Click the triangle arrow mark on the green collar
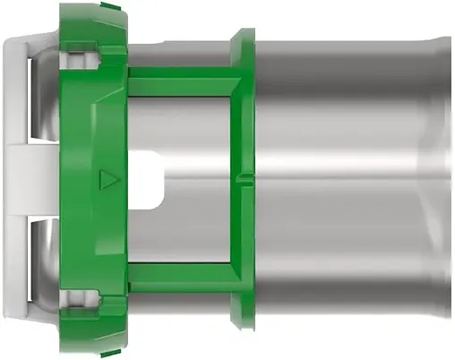point(108,179)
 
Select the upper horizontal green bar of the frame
point(184,84)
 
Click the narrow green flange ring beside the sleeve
point(243,179)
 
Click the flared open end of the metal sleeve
point(442,179)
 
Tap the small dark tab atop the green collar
point(110,5)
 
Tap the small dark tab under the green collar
point(110,355)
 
